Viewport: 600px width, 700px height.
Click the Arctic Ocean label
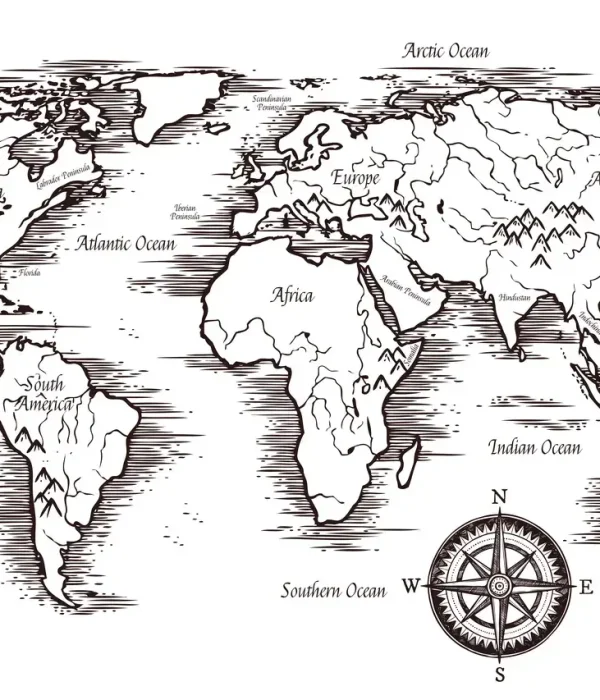tap(446, 50)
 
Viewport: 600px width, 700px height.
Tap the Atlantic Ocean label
tap(126, 243)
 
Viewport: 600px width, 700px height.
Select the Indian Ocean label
tap(534, 447)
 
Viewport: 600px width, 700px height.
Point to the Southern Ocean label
tap(333, 590)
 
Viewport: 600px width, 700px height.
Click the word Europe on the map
tap(356, 178)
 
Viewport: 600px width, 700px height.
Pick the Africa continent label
tap(292, 295)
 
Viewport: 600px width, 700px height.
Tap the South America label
tap(45, 394)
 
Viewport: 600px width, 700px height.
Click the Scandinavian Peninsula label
tap(271, 103)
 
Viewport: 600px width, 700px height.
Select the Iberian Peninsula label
tap(185, 211)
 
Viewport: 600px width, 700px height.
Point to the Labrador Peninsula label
tap(63, 177)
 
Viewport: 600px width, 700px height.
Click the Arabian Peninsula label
tap(405, 290)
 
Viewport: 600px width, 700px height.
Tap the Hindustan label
tap(515, 298)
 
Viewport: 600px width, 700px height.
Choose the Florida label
tap(30, 271)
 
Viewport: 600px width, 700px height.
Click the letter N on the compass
tap(501, 497)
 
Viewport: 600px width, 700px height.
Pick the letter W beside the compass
tap(412, 586)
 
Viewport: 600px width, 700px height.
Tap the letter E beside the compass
tap(587, 587)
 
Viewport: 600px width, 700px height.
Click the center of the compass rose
tap(500, 586)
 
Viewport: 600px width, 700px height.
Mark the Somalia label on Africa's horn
tap(411, 350)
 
